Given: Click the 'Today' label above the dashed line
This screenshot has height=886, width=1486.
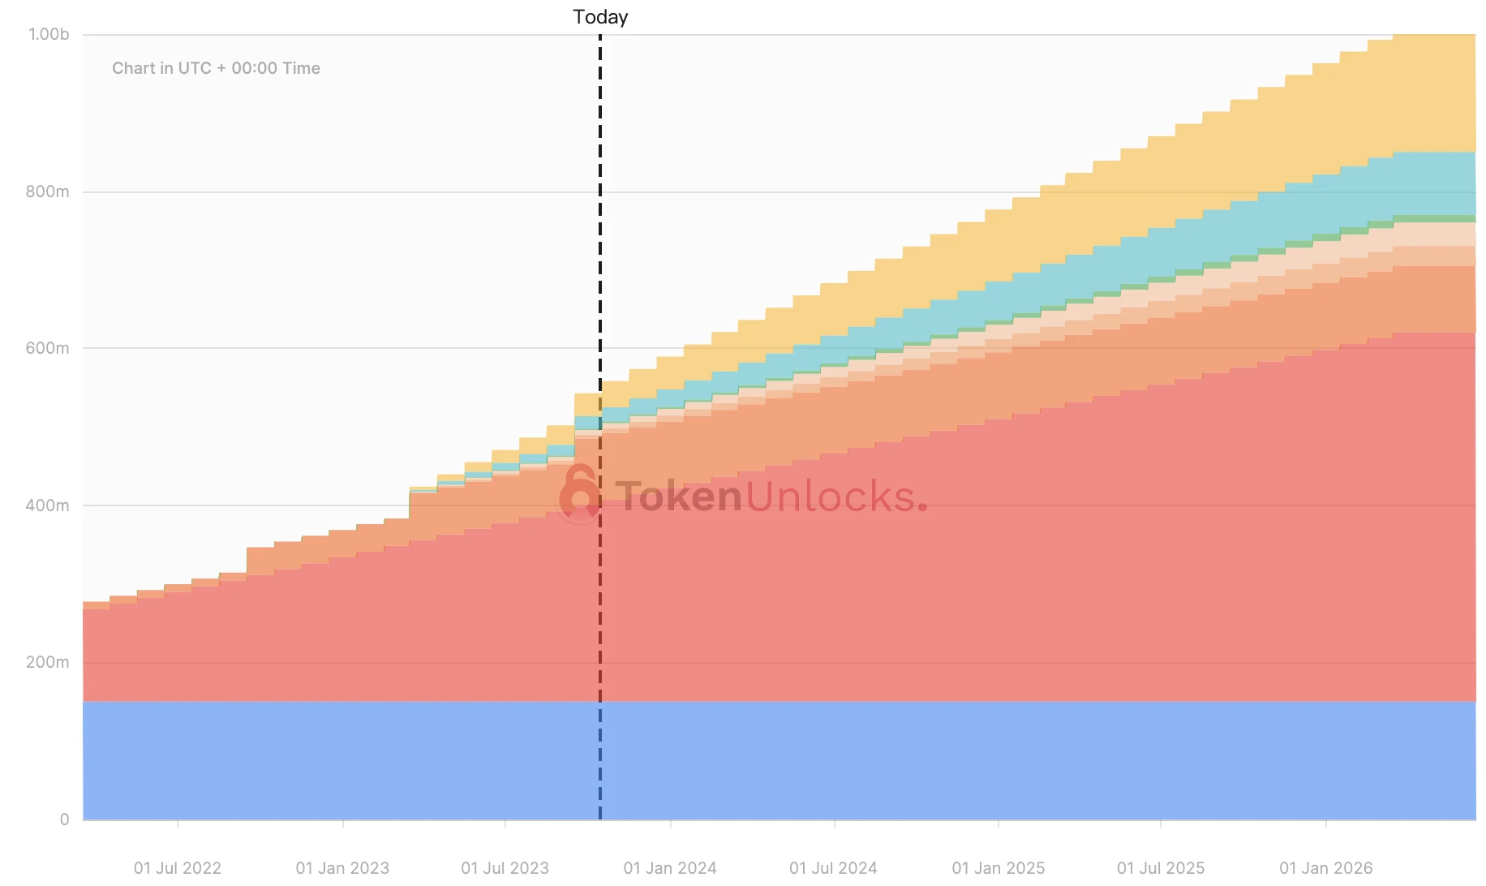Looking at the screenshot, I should click(600, 17).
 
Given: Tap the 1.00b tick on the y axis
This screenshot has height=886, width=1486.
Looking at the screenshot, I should click(49, 34).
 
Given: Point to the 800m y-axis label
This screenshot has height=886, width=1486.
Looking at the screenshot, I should click(47, 191).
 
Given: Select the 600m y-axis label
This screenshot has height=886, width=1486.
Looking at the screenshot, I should click(47, 348).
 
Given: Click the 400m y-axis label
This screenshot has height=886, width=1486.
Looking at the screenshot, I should click(47, 505).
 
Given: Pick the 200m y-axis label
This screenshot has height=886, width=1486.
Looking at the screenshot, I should click(47, 662).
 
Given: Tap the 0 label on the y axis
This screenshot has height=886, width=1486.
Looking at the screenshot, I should click(65, 819).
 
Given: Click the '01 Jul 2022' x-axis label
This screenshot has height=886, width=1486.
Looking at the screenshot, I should click(178, 868).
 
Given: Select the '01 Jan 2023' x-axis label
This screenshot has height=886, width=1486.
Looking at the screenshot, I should click(342, 868).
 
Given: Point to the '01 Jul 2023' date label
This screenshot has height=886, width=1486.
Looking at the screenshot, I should click(505, 868).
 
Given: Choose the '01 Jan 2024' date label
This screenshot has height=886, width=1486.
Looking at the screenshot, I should click(670, 868).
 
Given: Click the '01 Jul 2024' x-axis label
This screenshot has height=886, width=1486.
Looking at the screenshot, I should click(833, 868).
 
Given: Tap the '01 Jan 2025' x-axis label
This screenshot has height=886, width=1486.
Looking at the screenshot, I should click(999, 868).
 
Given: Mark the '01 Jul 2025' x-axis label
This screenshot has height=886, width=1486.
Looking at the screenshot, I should click(1161, 868).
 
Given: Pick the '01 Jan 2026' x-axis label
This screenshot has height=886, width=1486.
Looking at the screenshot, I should click(1326, 868).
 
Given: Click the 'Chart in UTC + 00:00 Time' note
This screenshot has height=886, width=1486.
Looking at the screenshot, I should click(216, 68).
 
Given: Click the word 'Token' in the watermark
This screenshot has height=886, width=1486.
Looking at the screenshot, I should click(678, 497).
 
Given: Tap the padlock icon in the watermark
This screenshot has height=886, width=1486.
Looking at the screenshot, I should click(579, 493).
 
